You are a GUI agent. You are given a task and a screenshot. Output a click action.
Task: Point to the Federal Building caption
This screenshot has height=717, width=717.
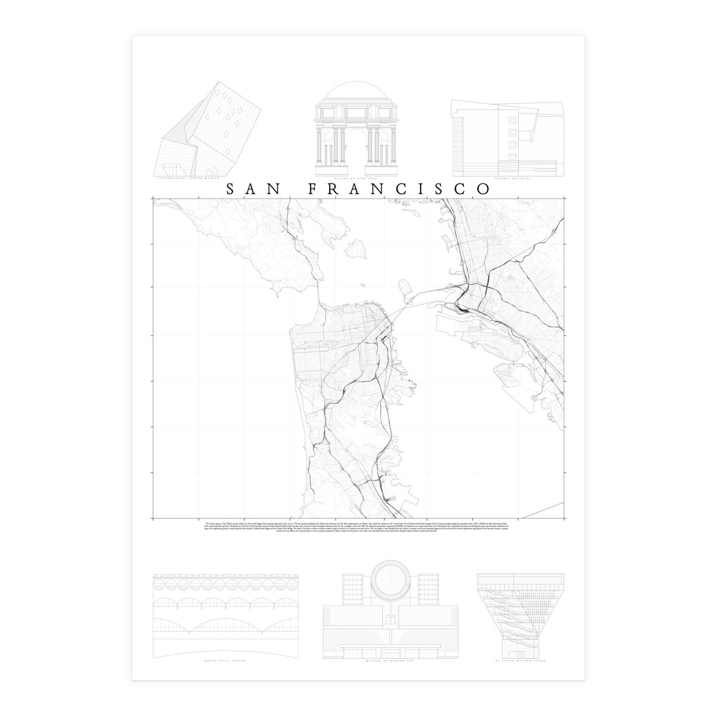click(x=508, y=178)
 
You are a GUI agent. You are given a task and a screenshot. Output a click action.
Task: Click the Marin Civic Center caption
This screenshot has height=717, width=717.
click(x=225, y=662)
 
